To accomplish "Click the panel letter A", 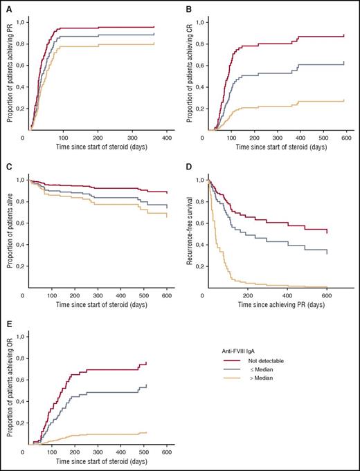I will point(8,9).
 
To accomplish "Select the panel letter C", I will point(8,167).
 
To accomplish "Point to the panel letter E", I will point(8,324).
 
